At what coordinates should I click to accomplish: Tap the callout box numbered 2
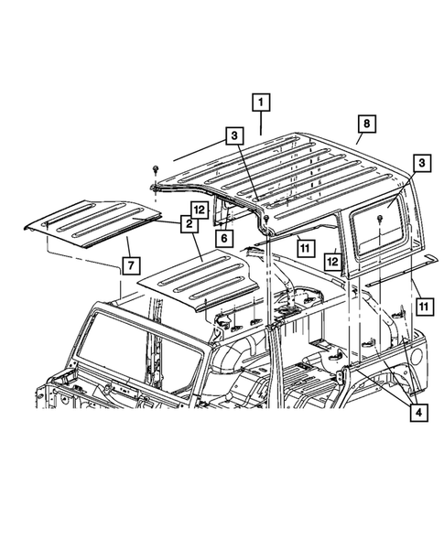tap(187, 222)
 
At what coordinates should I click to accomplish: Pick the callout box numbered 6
tap(222, 237)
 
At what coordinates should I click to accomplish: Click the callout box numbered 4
tap(418, 413)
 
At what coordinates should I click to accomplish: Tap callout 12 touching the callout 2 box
tap(197, 209)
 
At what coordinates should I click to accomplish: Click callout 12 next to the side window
tap(335, 261)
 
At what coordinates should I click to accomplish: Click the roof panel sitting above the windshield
tap(197, 279)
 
